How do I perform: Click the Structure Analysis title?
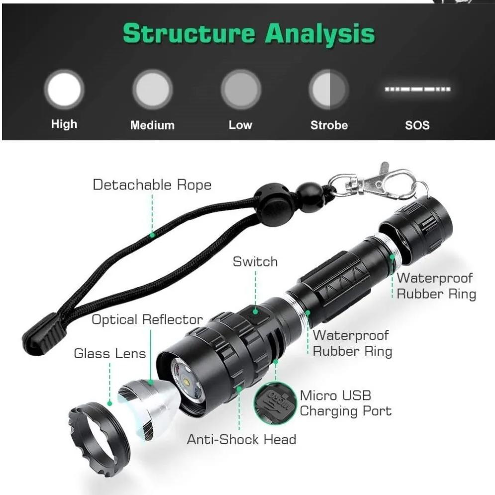248,34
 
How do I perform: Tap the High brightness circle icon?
64,90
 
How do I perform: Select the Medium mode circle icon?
152,90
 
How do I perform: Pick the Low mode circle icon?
241,90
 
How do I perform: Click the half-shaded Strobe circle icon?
328,90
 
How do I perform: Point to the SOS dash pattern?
417,90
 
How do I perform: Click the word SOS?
417,125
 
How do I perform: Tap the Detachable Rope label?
152,185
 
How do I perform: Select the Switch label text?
255,262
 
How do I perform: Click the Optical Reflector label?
147,319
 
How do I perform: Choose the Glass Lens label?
110,354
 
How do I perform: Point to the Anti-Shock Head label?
241,439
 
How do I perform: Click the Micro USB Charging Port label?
345,403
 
